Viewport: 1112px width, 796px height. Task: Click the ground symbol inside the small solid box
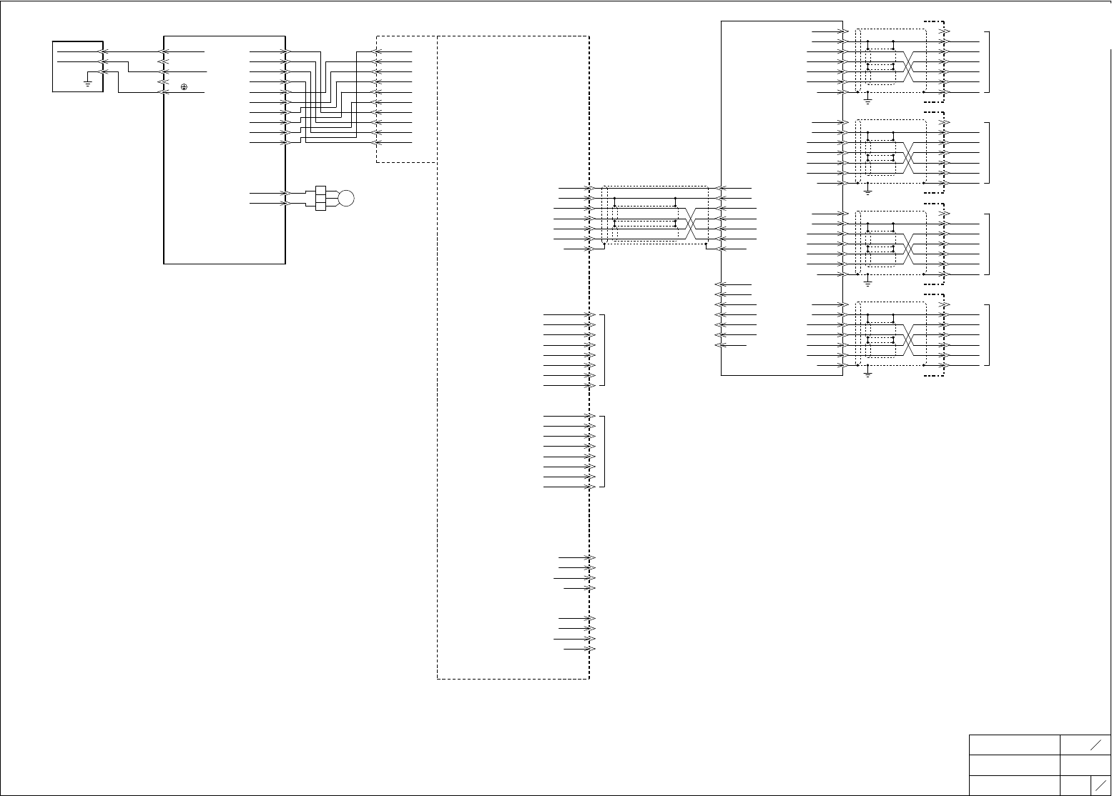click(x=87, y=83)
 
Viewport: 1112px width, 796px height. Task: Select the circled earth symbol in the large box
click(x=184, y=86)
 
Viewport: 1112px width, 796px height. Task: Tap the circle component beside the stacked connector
click(x=346, y=199)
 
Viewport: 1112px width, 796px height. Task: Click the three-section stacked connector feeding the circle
click(x=320, y=199)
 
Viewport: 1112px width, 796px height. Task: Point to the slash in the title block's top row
click(x=1095, y=745)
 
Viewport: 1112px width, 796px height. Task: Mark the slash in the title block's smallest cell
click(x=1101, y=785)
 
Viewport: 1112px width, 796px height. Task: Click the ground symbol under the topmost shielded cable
click(x=867, y=99)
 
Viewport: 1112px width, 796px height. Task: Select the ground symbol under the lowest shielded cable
click(x=867, y=372)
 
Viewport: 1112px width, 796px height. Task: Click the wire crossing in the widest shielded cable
click(x=692, y=224)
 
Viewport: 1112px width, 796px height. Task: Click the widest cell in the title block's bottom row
click(x=1014, y=785)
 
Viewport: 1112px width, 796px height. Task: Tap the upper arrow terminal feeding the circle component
click(x=286, y=193)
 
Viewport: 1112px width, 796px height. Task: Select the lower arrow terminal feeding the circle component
click(x=286, y=204)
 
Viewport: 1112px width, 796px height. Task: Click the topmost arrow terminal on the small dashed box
click(x=378, y=51)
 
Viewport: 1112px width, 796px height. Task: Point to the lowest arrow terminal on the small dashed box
click(x=378, y=143)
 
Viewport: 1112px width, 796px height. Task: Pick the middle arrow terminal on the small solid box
click(x=104, y=62)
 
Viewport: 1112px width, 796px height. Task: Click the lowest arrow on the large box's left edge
click(x=163, y=92)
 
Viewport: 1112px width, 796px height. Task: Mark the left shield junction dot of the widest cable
click(x=605, y=244)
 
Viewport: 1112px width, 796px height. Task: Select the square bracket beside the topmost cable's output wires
click(x=989, y=62)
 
